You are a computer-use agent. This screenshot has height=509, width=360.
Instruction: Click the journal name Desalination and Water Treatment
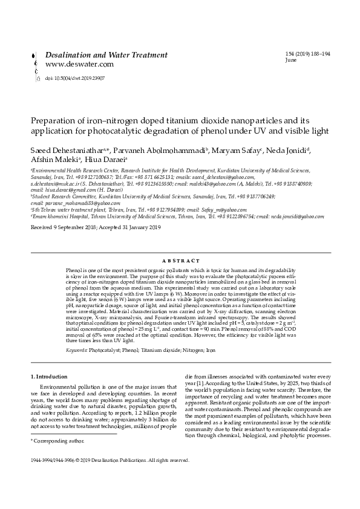103,54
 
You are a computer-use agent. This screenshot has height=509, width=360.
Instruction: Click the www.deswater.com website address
80,64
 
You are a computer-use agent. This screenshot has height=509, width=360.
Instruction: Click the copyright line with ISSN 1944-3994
110,459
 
